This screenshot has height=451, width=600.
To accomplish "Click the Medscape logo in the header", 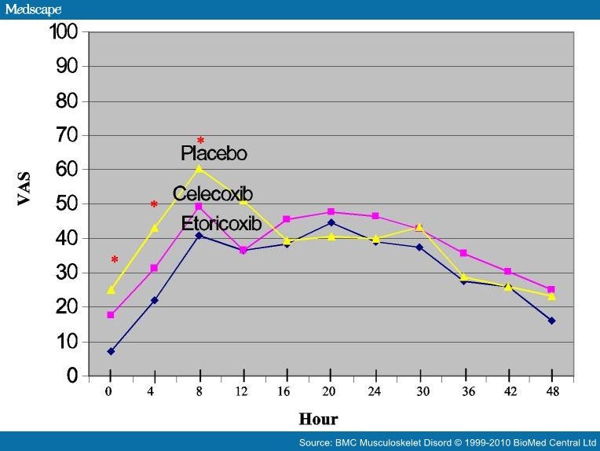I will pos(32,9).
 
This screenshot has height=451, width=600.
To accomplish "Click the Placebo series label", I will pos(214,153).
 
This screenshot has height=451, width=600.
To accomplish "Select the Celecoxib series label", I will pos(213,194).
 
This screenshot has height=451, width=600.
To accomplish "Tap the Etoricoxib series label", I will pos(221,224).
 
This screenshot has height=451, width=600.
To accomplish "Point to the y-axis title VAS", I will pos(24,189).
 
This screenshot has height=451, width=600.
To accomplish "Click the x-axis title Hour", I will pos(318,419).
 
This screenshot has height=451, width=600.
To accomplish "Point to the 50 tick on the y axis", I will pos(67,204).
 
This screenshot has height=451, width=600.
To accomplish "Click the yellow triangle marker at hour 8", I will pos(199,168).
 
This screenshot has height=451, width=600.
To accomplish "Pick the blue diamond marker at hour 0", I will pos(111,351).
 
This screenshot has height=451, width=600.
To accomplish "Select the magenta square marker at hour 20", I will pos(331,212).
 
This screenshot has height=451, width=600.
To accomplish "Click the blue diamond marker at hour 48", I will pos(551,321).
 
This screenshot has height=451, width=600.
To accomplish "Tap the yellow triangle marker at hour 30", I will pos(419,227).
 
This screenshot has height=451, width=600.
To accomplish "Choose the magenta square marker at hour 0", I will pos(111,315).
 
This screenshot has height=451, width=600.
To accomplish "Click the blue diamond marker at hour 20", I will pos(331,222).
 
